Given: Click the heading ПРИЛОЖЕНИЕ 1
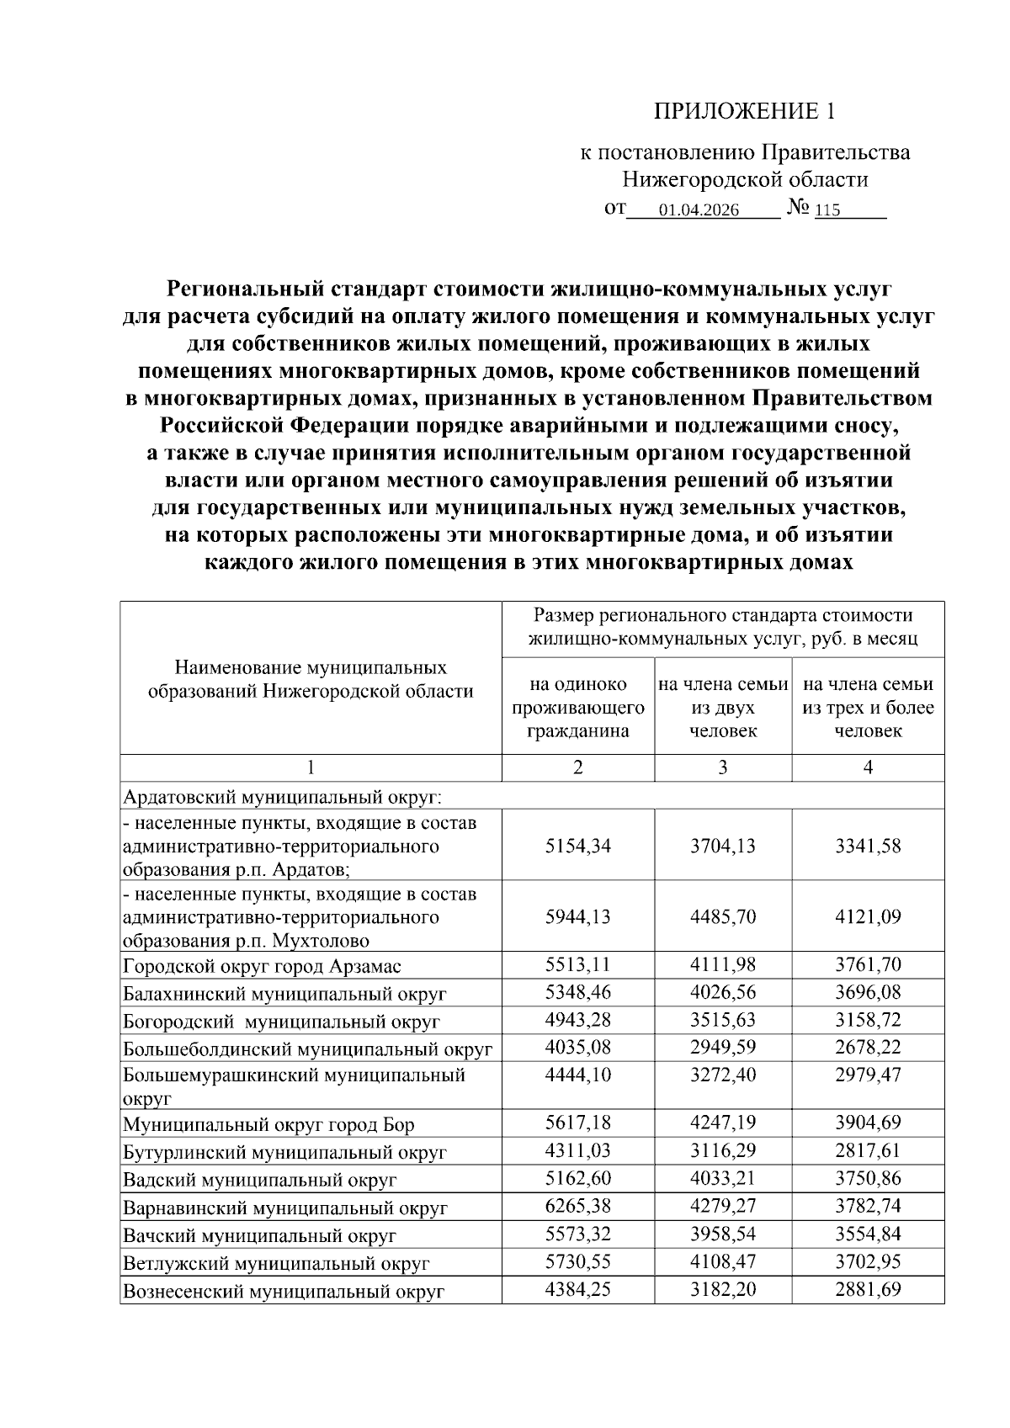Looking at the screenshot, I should coord(747,111).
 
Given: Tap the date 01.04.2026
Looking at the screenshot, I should coord(699,210).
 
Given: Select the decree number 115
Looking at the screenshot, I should coord(828,210).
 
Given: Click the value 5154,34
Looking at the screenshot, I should coord(577,846).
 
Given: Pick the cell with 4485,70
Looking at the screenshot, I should coord(722,916).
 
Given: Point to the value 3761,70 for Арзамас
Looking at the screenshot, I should coord(868,964).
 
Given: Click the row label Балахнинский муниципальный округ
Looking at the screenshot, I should coord(284,994).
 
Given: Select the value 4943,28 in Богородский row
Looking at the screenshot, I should coord(577,1020).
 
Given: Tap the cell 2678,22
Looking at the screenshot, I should coord(868,1048).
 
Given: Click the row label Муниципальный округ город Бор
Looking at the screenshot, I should coord(268,1125).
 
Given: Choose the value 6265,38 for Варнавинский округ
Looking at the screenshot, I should coord(577,1206).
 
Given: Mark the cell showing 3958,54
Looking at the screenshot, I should coord(722,1234).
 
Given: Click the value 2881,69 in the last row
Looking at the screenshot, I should coord(868,1289).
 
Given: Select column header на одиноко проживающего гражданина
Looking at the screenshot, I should coord(577,708).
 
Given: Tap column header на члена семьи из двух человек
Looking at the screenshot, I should coord(723,708).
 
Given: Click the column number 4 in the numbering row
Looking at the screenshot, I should coord(868,767).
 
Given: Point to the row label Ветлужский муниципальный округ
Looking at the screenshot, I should coord(276,1263).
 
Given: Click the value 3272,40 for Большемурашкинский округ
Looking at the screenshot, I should coord(722,1075).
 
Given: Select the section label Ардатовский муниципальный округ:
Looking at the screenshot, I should coord(283,796).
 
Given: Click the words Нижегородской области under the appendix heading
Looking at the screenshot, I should coord(745,180).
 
